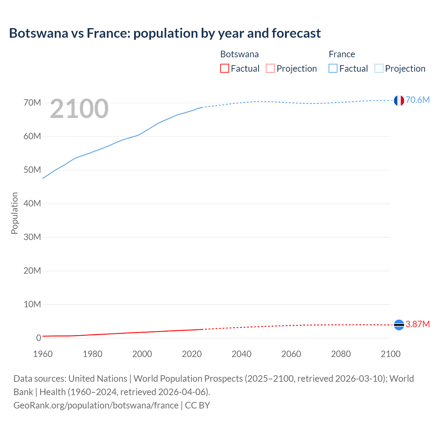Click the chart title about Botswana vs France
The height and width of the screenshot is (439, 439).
coord(165,33)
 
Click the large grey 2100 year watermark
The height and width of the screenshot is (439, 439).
coord(79,109)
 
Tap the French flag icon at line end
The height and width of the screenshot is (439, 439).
coord(399,100)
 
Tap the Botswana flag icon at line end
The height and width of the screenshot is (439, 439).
coord(399,324)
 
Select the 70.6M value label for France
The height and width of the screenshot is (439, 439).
coord(417,100)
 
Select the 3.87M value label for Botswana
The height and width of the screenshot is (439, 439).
coord(417,324)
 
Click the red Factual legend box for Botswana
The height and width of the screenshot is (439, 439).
coord(224,68)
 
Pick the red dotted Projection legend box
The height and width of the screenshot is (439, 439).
coord(270,68)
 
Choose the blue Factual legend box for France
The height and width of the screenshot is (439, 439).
coord(333,68)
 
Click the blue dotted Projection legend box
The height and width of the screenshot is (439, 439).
coord(379,68)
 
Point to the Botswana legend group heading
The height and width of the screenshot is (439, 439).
coord(239,54)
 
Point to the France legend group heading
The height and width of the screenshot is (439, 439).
coord(342,54)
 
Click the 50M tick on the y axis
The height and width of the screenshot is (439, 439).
coord(32,170)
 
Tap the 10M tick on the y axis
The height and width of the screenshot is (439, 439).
coord(32,304)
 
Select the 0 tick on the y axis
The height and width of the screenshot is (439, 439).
coord(38,338)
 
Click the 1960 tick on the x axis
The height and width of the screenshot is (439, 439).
coord(43,354)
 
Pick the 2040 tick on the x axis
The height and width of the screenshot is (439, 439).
coord(241,354)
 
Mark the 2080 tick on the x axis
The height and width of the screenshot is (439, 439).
coord(341,354)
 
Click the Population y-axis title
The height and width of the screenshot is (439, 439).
coord(14,213)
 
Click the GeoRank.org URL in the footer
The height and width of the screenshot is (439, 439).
coord(96,405)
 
